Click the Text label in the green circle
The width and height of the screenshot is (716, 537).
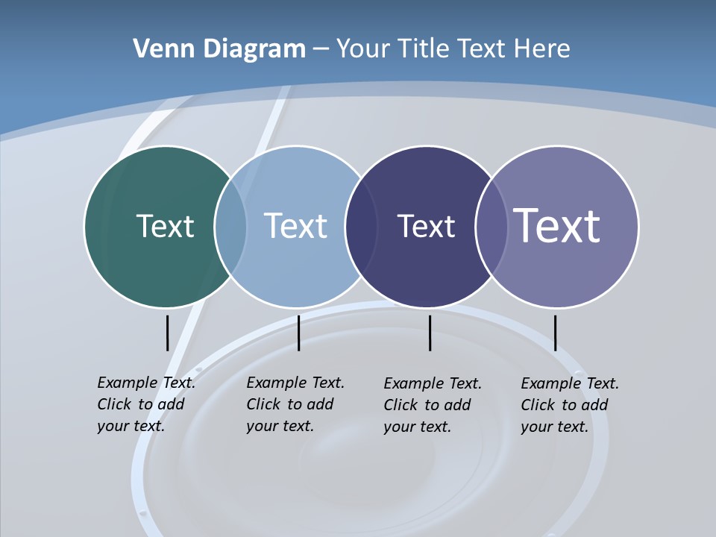point(165,226)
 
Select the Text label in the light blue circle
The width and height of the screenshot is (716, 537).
point(295,226)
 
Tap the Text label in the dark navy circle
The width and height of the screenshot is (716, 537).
point(426,226)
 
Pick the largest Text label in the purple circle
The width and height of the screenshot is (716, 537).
point(557,225)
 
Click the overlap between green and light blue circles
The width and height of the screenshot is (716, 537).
point(230,227)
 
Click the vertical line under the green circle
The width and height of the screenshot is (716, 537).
point(167,333)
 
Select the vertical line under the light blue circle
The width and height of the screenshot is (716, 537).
point(298,333)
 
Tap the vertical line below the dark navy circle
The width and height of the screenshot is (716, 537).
point(430,333)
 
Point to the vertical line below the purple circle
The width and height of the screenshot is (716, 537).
point(555,333)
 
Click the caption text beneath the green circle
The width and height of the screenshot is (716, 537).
point(145,404)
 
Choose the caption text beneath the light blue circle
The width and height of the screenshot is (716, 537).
point(295,404)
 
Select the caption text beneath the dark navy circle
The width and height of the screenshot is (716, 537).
point(432,405)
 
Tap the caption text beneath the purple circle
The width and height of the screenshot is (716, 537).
point(569,405)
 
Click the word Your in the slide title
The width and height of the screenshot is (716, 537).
point(363,48)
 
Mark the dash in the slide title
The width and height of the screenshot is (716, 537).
point(321,49)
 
